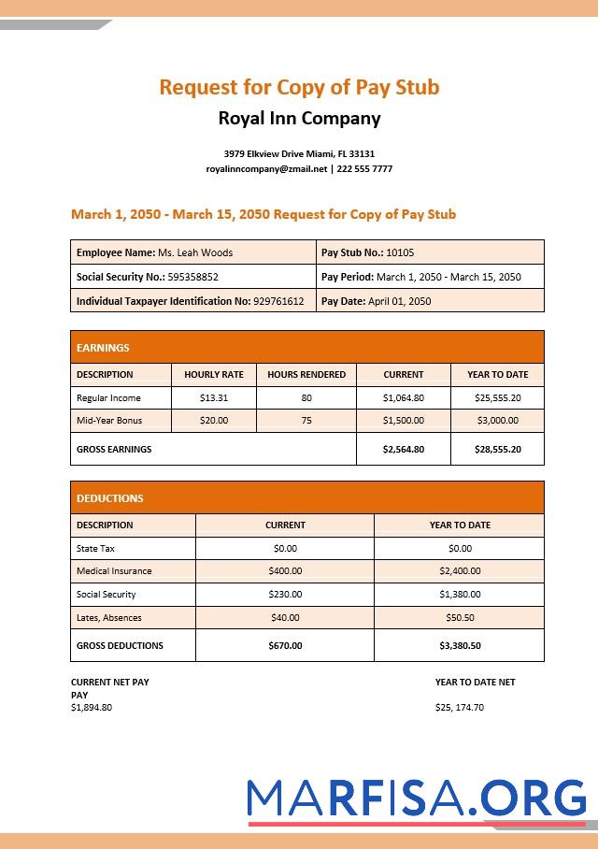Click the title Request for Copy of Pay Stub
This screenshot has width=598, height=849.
click(x=299, y=87)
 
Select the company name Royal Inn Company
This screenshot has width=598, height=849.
click(x=299, y=119)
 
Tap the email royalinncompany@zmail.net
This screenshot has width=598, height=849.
click(x=266, y=169)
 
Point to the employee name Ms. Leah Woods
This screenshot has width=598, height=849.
click(x=195, y=252)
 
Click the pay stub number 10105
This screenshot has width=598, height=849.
click(x=400, y=252)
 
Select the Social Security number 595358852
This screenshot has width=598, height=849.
click(x=193, y=277)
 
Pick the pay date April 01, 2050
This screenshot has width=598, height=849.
click(x=399, y=301)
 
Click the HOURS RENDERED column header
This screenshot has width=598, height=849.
click(x=306, y=374)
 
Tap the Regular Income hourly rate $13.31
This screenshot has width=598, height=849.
click(x=214, y=397)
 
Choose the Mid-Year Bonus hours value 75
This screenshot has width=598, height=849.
click(x=306, y=421)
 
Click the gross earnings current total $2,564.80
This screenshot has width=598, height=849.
click(x=404, y=449)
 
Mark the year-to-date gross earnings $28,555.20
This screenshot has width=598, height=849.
click(x=497, y=449)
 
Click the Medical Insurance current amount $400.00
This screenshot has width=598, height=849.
click(x=285, y=570)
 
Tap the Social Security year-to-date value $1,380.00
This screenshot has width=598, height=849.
click(x=460, y=594)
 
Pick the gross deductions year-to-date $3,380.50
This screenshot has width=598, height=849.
click(x=460, y=645)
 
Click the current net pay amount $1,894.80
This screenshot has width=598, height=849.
click(x=92, y=707)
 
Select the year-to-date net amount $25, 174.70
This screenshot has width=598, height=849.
click(x=460, y=707)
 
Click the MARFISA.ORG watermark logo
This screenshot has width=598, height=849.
click(x=417, y=799)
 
